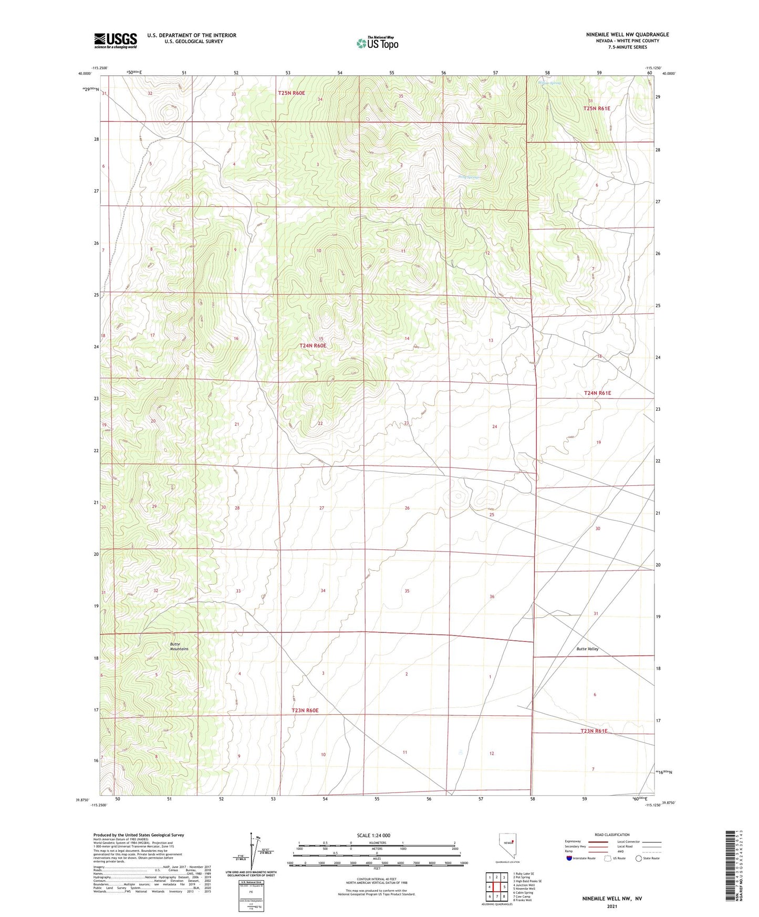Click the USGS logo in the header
[115, 40]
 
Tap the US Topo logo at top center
[377, 43]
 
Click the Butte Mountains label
[179, 646]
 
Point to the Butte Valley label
[587, 649]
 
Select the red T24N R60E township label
[313, 346]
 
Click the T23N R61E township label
[594, 731]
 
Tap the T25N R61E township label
[597, 108]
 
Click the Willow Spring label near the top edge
[550, 83]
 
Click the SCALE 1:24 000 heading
[373, 835]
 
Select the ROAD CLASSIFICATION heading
[612, 835]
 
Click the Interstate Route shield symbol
[569, 858]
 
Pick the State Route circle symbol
[638, 858]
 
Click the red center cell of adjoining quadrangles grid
[496, 887]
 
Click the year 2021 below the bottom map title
[611, 906]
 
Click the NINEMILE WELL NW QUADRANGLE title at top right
[627, 35]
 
